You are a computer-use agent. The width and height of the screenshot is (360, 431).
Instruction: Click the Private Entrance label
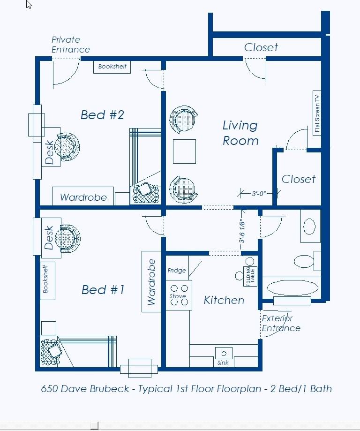tap(71, 45)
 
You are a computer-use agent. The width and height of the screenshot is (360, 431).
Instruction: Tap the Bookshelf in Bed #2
tap(112, 67)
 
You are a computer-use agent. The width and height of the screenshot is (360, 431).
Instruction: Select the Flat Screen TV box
tap(317, 113)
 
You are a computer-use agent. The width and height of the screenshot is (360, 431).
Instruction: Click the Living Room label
tap(240, 133)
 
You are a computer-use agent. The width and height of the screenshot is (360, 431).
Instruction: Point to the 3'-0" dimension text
tap(259, 194)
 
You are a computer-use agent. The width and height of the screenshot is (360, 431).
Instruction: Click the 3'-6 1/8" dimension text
tap(241, 231)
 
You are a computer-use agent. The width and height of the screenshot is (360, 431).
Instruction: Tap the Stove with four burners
tap(179, 295)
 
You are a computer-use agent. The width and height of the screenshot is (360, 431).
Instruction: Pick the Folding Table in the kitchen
tap(250, 276)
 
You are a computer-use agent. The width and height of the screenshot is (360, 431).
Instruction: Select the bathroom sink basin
tap(309, 226)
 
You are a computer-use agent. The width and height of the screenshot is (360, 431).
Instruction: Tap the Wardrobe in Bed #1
tap(151, 281)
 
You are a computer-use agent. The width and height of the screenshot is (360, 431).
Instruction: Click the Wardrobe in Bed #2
tap(83, 196)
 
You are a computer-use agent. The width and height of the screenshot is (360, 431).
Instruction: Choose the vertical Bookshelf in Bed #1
tap(47, 280)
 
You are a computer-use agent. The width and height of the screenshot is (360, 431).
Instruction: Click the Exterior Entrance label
tap(281, 323)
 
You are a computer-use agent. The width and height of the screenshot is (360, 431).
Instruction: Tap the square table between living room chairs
tap(184, 151)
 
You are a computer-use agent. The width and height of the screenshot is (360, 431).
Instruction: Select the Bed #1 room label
tap(103, 290)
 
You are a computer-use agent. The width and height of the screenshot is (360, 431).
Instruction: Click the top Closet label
tap(261, 47)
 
